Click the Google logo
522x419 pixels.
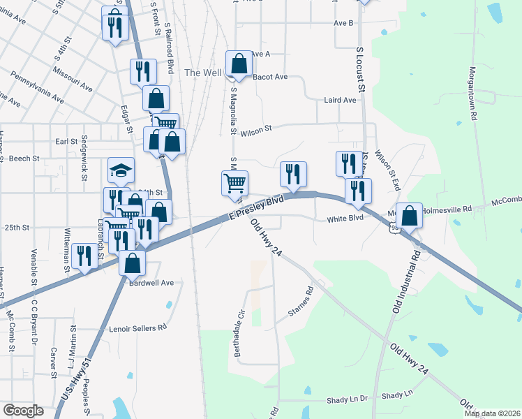[23, 411]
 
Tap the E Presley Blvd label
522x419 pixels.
[256, 209]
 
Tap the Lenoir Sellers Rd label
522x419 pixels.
[138, 327]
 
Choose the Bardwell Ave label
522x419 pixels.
[150, 283]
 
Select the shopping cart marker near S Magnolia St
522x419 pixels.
[235, 183]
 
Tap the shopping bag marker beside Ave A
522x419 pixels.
[239, 64]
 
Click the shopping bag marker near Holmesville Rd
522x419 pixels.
[411, 215]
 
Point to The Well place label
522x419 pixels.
[203, 73]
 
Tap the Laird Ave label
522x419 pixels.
[340, 101]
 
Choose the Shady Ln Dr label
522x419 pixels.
[347, 399]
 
